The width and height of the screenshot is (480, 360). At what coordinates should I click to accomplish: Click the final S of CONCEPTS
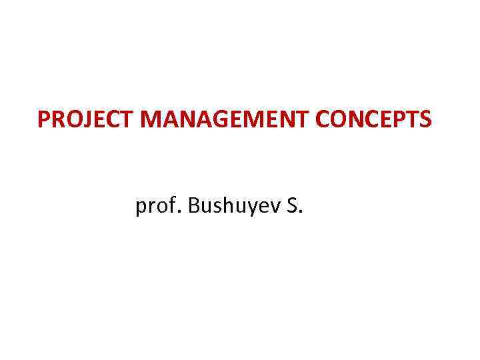tap(425, 120)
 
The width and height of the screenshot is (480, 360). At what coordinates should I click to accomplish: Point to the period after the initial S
tap(301, 213)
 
